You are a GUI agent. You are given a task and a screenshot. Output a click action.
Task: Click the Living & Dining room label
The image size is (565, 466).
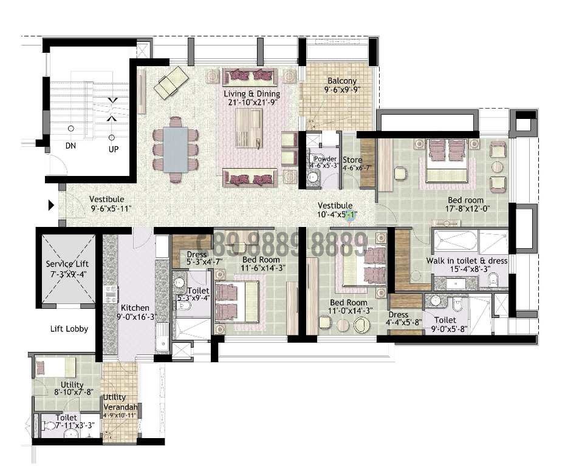pos(252,94)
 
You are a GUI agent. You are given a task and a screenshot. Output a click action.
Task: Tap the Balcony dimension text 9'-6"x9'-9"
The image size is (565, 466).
pos(341,89)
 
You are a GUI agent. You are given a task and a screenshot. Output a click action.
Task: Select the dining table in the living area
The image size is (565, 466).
pos(176,149)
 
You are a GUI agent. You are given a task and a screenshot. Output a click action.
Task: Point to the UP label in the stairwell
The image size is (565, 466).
pos(113,148)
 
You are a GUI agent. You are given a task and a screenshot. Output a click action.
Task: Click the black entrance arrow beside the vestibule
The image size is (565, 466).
pos(52,206)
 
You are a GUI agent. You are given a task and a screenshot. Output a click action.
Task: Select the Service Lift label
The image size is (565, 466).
pos(67,264)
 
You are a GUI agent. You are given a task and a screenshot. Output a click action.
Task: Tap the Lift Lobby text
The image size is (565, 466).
pos(69,329)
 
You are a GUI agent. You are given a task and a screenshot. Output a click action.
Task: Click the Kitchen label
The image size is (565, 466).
pos(135,308)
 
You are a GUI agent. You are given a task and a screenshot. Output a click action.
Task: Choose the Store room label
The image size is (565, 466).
pos(352,160)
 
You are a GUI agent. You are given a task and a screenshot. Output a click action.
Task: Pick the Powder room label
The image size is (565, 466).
pos(325,159)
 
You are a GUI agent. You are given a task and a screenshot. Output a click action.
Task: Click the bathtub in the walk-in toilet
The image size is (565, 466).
pos(453,241)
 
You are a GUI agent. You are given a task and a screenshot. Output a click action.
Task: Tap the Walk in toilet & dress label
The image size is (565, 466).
pos(467,260)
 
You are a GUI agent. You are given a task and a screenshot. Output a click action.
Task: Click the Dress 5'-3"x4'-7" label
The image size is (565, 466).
pos(197,254)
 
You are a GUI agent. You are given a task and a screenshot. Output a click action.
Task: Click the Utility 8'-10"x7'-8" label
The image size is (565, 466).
pos(72,385)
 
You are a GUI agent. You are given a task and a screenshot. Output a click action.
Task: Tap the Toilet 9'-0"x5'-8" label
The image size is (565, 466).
pos(445,320)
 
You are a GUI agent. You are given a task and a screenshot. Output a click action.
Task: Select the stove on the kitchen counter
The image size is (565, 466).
pos(111,295)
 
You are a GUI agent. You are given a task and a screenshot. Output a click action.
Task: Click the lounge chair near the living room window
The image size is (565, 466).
pos(171,83)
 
